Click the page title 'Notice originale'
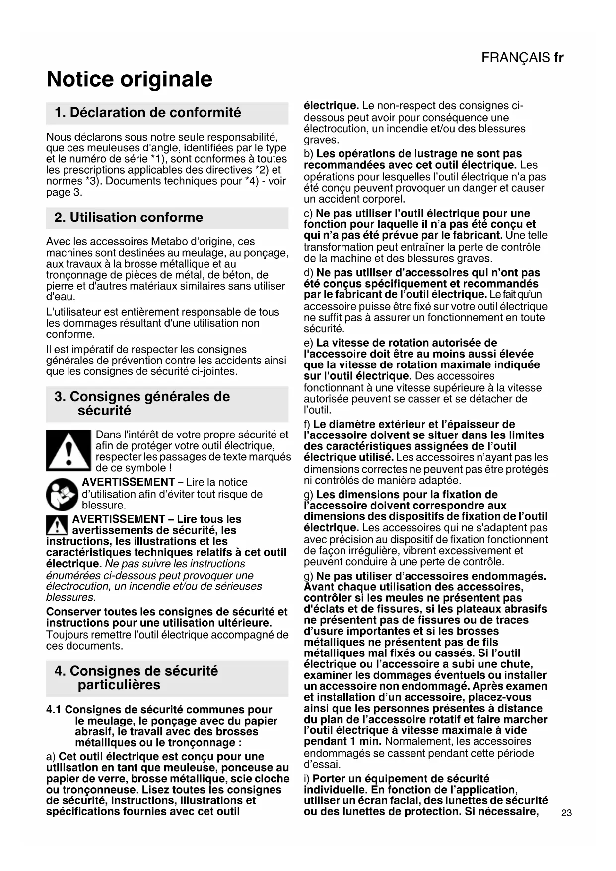(129, 79)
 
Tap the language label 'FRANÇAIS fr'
(522, 58)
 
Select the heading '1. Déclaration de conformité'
(148, 113)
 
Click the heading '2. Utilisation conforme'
(129, 218)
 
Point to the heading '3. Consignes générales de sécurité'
(142, 403)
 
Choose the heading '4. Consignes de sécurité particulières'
(136, 678)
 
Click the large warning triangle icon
(68, 450)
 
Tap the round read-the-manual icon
(62, 495)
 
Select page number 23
(566, 813)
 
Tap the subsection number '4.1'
(54, 710)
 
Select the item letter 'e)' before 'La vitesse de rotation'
(308, 343)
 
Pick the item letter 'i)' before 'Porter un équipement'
(307, 779)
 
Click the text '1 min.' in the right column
(365, 741)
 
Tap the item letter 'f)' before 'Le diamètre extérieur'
(307, 424)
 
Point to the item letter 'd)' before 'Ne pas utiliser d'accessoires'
(309, 273)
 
